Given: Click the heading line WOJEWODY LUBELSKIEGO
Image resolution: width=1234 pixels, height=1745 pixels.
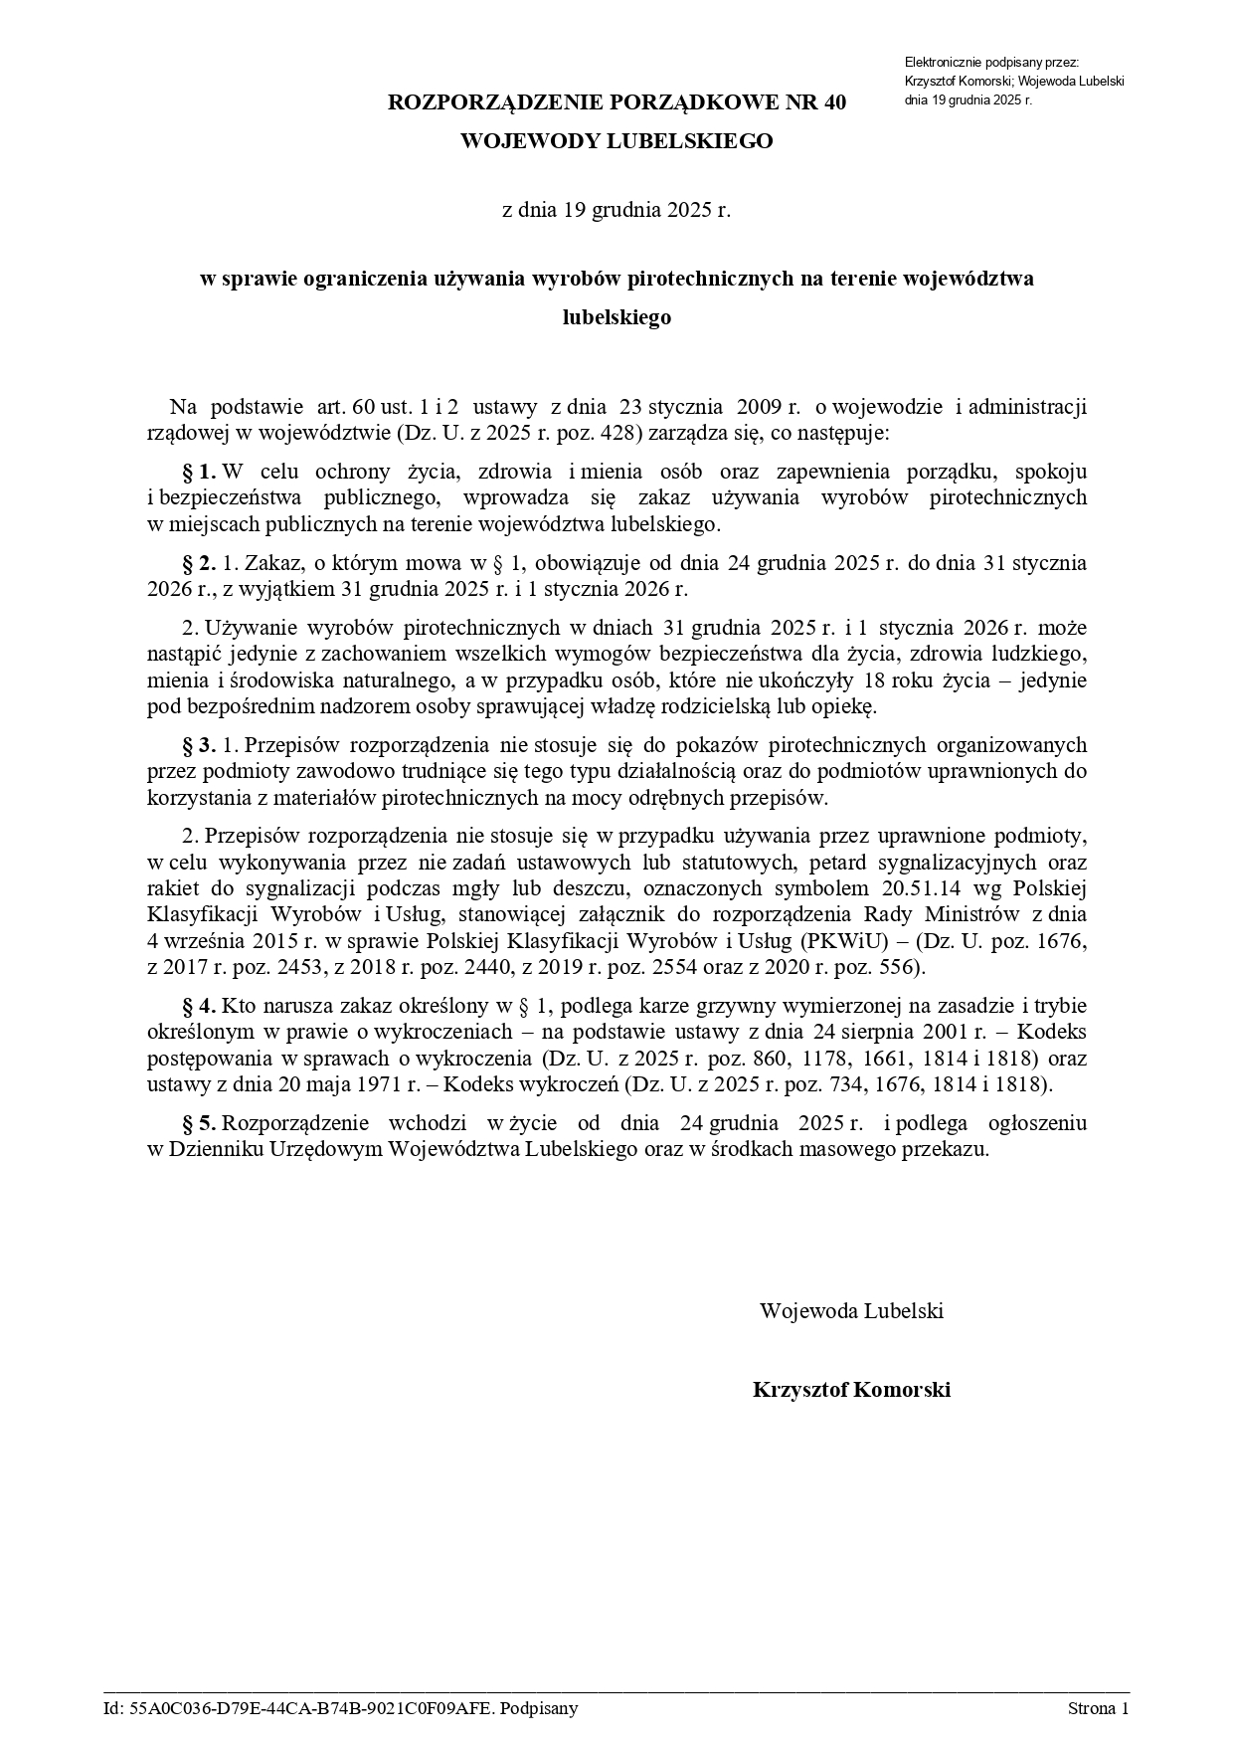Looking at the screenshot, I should point(617,141).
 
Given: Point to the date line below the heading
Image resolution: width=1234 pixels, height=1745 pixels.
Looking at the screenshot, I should point(617,210).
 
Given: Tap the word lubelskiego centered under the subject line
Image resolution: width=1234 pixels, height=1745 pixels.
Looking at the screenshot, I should point(617,317).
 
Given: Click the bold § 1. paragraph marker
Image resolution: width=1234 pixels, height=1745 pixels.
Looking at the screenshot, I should point(199,471).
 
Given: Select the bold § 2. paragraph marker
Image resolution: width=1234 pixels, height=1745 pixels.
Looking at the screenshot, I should point(199,563).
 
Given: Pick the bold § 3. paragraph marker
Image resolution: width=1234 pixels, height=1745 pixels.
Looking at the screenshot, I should point(199,745).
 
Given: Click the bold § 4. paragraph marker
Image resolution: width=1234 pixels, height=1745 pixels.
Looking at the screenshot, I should point(199,1005).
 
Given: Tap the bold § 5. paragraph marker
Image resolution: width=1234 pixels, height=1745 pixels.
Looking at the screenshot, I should point(199,1123).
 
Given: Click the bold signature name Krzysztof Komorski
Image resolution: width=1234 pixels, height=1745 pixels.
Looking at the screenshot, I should point(851,1390).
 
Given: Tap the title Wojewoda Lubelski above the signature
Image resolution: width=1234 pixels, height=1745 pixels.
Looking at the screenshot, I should point(851,1310).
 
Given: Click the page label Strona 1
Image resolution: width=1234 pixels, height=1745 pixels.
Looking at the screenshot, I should point(1098,1709).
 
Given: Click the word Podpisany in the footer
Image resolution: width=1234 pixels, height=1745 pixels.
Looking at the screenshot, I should point(539,1709).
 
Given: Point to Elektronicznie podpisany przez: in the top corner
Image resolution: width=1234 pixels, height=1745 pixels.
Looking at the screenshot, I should point(984,63).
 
